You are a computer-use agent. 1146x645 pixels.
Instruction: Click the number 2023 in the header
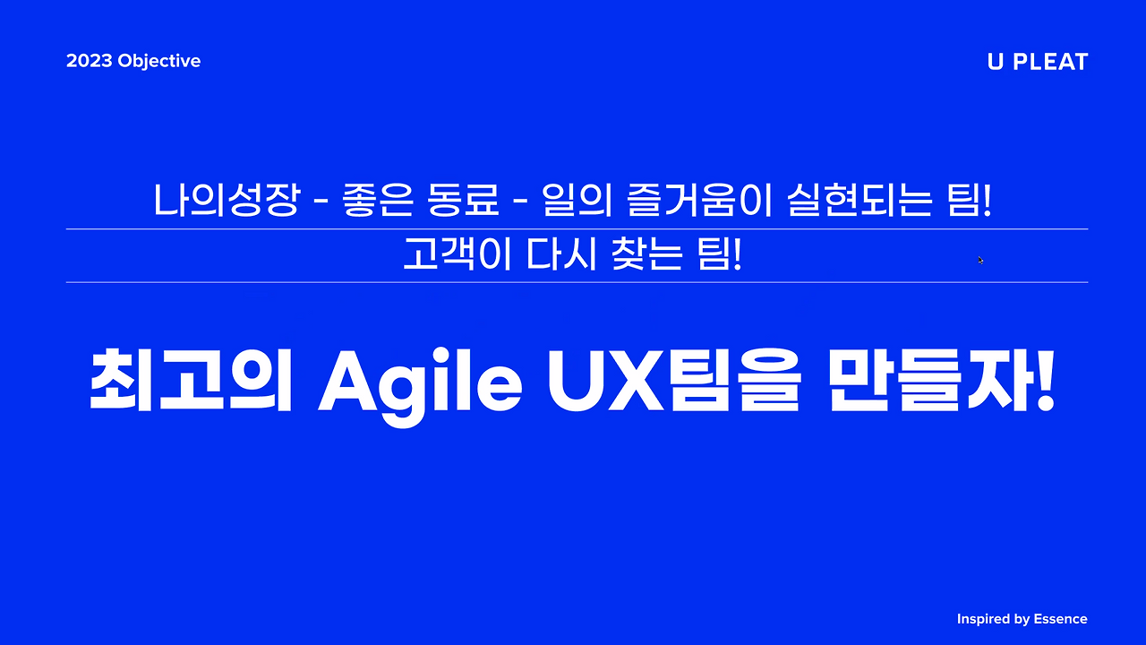click(89, 62)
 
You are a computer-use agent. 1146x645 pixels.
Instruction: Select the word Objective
click(158, 62)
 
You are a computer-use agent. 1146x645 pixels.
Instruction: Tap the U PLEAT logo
click(1037, 62)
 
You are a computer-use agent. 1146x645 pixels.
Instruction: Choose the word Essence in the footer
click(1061, 619)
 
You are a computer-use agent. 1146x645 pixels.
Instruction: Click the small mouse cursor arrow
click(980, 260)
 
